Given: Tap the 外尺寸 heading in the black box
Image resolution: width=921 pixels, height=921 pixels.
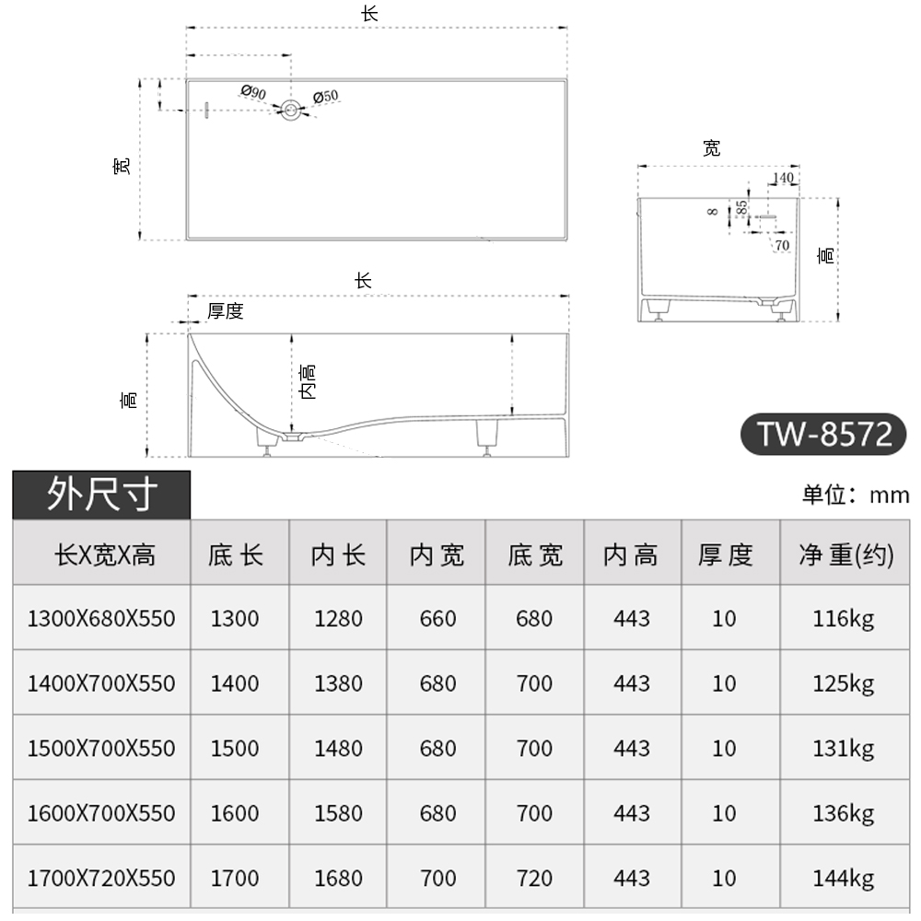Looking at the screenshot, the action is point(101,495).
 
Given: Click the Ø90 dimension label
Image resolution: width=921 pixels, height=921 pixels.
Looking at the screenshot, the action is point(253,92).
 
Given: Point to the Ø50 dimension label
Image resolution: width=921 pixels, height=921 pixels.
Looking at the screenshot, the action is point(326,96).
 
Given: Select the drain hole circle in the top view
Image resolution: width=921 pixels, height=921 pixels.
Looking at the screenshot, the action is point(291,111).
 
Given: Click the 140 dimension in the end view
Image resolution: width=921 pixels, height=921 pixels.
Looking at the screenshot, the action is point(783,178).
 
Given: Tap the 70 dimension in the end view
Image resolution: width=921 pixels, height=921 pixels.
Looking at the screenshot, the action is point(782,245).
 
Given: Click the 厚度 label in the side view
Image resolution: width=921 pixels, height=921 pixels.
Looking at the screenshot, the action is point(225,311).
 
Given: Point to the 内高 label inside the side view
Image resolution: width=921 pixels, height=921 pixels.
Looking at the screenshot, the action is point(309,381).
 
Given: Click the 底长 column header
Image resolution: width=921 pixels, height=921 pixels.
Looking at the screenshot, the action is point(236,555).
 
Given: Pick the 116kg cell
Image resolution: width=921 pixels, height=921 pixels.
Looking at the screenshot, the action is point(844,619).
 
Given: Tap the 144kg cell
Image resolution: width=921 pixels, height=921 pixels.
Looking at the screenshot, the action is point(844,879).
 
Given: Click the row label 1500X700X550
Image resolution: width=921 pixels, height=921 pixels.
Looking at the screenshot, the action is point(101,749).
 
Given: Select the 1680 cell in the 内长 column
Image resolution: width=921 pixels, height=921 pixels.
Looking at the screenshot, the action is point(338,879).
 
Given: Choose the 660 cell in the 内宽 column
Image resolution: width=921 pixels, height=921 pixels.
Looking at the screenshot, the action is point(437,619).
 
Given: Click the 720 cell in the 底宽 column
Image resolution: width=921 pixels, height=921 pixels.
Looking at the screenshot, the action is point(534,879).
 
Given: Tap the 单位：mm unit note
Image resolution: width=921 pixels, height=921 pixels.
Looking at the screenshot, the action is point(856,495).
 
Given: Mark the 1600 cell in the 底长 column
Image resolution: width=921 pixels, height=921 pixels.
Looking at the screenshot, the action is point(236,813).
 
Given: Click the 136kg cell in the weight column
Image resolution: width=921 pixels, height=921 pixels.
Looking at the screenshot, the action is point(844,813).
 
